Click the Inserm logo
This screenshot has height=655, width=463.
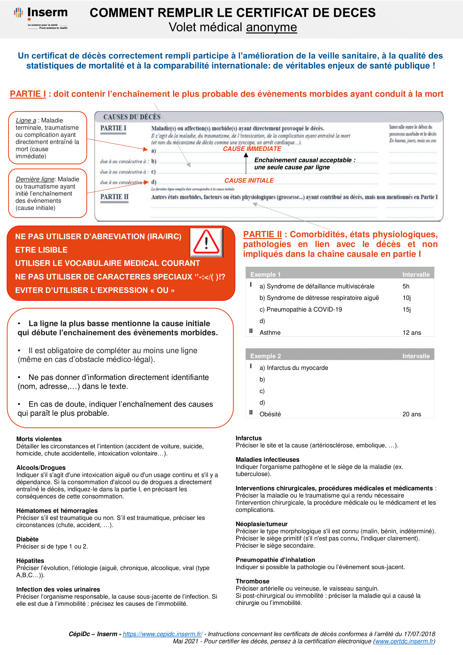tap(41, 18)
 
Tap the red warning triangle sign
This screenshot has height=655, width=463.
tap(206, 242)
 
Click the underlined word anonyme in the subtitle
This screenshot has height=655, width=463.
tap(272, 27)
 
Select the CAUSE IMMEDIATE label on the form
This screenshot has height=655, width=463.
tap(252, 149)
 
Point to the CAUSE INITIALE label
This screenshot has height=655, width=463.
tap(249, 180)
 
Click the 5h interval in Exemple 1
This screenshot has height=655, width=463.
tap(406, 286)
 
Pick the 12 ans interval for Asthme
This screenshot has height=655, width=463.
tap(411, 333)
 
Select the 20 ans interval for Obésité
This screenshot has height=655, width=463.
tap(411, 414)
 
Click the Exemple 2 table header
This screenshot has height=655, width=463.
tap(265, 356)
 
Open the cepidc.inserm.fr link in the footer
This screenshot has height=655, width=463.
tap(163, 634)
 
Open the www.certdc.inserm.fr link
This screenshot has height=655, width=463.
tap(404, 641)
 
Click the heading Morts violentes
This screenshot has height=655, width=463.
tap(39, 439)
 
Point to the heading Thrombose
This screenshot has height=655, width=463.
tap(252, 581)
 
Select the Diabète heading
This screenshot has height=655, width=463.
tap(27, 539)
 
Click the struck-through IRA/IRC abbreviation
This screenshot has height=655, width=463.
tap(164, 237)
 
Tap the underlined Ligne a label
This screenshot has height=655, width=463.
tap(26, 120)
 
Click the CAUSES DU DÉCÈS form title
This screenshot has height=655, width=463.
tap(132, 117)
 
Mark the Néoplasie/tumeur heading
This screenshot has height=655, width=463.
tap(261, 524)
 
